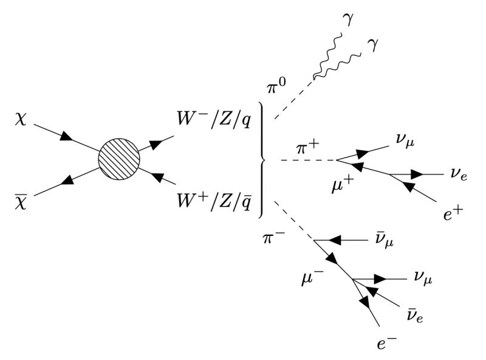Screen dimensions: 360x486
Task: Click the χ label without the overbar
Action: tap(19, 119)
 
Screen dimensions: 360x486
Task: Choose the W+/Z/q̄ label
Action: tap(213, 199)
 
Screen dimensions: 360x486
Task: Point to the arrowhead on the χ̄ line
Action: tap(65, 181)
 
